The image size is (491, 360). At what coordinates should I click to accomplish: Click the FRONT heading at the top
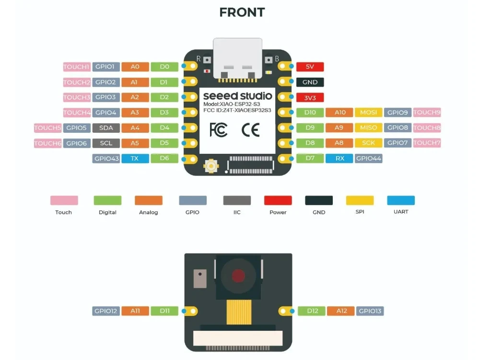click(x=242, y=12)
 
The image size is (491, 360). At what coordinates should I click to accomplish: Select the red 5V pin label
click(x=310, y=67)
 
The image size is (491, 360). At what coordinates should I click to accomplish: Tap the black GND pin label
click(x=310, y=82)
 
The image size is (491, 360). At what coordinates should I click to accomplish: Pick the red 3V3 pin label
click(x=310, y=97)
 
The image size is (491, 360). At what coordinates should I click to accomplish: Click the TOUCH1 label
click(x=77, y=67)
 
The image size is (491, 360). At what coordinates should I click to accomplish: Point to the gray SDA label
click(x=106, y=128)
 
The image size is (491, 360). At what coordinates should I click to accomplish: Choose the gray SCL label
click(x=106, y=143)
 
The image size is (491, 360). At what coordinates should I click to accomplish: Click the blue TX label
click(x=135, y=158)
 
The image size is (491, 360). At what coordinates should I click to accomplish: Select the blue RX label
click(x=339, y=158)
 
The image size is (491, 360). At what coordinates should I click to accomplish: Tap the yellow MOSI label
click(x=368, y=113)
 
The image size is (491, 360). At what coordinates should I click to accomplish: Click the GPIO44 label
click(x=368, y=158)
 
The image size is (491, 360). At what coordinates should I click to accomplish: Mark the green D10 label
click(x=310, y=113)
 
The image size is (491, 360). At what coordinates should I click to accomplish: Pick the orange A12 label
click(x=341, y=311)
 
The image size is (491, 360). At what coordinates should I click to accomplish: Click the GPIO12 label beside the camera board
click(x=105, y=311)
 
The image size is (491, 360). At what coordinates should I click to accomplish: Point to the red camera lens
click(x=238, y=276)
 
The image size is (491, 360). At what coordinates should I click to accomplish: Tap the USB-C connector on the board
click(x=238, y=58)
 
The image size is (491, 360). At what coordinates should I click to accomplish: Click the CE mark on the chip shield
click(x=250, y=130)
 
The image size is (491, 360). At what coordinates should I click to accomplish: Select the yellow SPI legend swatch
click(x=360, y=200)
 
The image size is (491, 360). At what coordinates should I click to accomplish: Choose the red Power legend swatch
click(x=278, y=200)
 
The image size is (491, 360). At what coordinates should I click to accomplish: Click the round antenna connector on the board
click(x=210, y=166)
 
